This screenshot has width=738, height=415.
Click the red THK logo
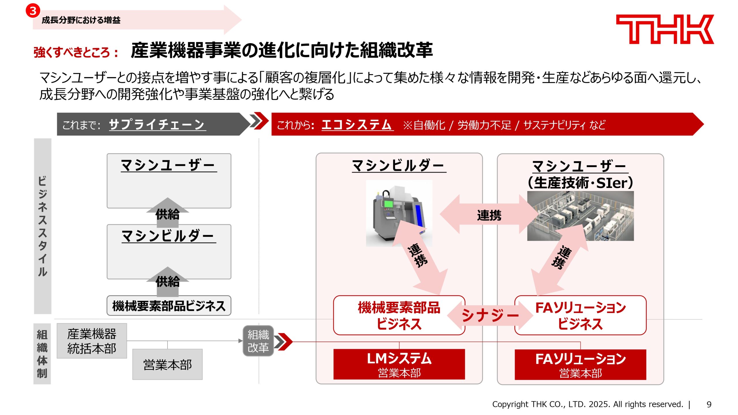click(x=664, y=29)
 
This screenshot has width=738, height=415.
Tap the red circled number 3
click(x=33, y=11)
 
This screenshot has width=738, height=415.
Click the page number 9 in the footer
click(x=709, y=404)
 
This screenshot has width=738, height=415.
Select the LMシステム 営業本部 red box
click(x=399, y=364)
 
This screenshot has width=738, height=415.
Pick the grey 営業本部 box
click(x=167, y=365)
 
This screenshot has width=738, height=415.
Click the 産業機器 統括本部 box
click(x=92, y=341)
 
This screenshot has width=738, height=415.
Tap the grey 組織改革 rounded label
click(x=258, y=341)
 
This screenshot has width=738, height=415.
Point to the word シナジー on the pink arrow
click(x=490, y=315)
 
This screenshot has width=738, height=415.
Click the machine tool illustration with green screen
click(x=399, y=213)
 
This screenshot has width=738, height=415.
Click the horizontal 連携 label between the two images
click(x=489, y=215)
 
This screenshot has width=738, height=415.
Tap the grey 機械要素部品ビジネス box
click(x=169, y=306)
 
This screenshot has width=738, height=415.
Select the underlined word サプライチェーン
click(x=157, y=124)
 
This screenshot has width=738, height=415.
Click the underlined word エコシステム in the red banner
click(x=357, y=124)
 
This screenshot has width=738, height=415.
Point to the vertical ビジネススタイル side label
click(x=43, y=226)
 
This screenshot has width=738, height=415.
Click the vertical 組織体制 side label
click(x=42, y=354)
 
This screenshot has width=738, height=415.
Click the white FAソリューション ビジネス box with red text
click(x=580, y=315)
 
